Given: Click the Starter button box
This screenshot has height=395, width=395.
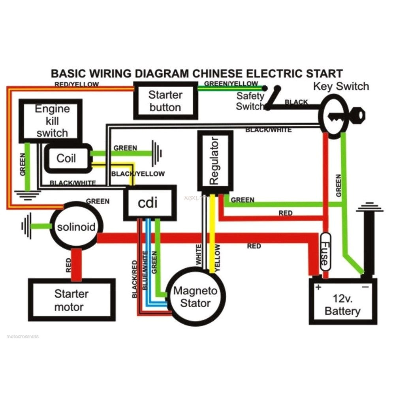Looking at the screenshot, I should (x=165, y=101).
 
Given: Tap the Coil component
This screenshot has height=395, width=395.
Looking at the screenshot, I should (x=66, y=158).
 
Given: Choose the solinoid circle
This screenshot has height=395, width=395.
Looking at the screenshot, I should (x=76, y=227).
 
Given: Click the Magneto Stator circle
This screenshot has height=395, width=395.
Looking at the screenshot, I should (x=196, y=297).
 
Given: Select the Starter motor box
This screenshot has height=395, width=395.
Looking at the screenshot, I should (x=71, y=300).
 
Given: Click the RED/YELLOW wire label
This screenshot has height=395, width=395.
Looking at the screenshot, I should (x=77, y=84).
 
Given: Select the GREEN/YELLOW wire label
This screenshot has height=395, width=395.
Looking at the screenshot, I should (x=231, y=84).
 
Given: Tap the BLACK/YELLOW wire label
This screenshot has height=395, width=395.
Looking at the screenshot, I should (x=138, y=173).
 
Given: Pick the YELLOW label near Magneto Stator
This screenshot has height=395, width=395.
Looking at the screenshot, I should (x=217, y=257).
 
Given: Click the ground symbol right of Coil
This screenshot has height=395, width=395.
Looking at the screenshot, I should (x=157, y=152).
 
